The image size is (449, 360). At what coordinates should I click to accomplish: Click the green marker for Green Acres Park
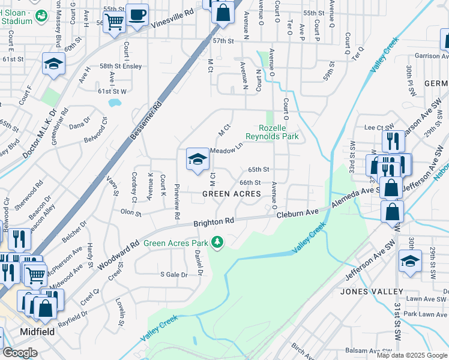click(218, 243)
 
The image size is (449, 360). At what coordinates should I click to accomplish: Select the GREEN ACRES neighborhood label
click(231, 194)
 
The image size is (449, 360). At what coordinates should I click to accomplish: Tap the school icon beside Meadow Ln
click(196, 160)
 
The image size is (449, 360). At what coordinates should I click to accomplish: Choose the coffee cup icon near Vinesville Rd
click(137, 14)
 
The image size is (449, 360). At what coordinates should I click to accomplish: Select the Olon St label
click(130, 212)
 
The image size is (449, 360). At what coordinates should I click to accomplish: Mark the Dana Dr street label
click(79, 125)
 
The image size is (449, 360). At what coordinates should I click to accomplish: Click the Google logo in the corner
click(20, 353)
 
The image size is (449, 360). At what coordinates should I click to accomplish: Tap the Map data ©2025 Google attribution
click(412, 355)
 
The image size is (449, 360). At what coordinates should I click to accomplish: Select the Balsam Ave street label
click(362, 350)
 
